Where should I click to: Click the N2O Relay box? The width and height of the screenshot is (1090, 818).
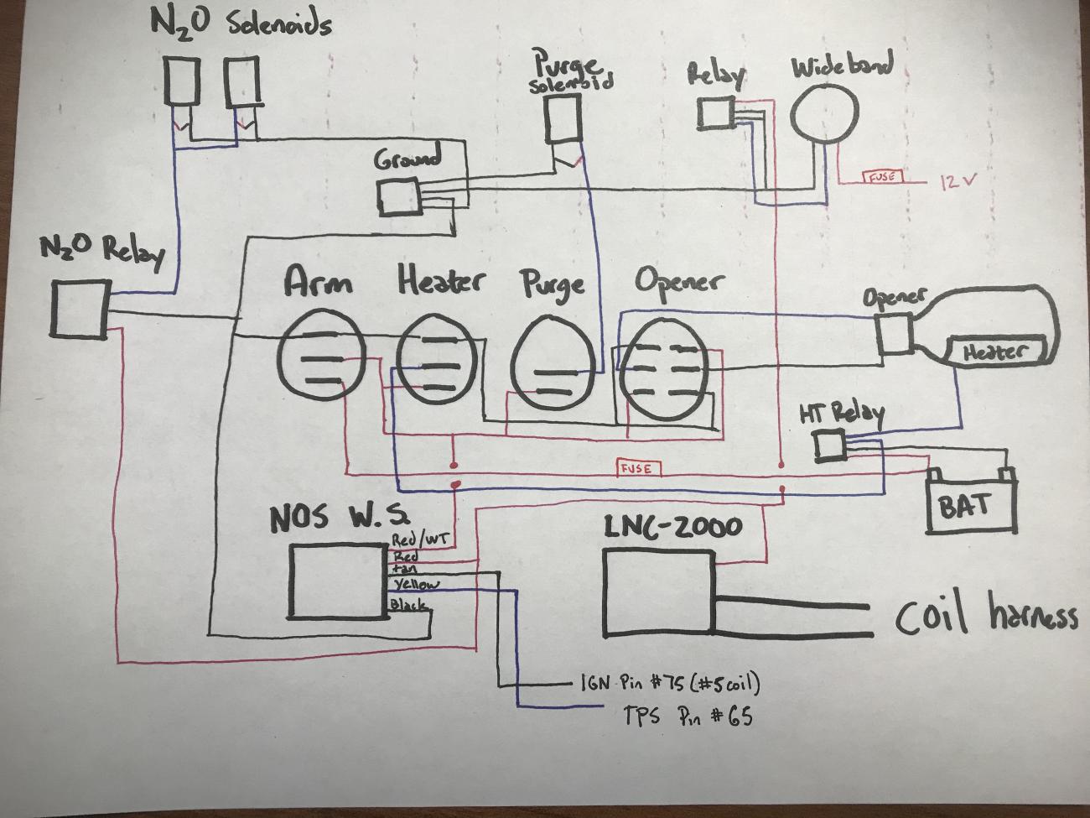[80, 310]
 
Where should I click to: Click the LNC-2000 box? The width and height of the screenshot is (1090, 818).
[658, 592]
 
